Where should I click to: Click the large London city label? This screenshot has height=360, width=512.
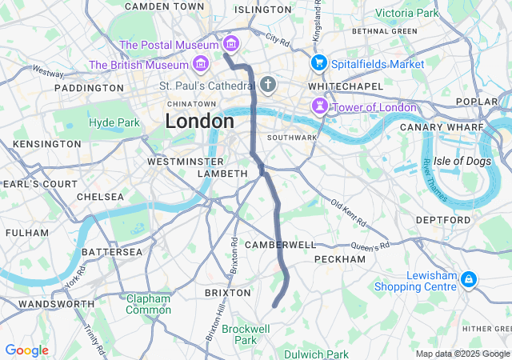pyautogui.click(x=200, y=122)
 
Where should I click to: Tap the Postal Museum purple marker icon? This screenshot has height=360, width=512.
pyautogui.click(x=231, y=43)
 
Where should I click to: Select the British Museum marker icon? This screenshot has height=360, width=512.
pyautogui.click(x=199, y=62)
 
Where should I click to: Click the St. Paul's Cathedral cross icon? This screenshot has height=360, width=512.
pyautogui.click(x=267, y=84)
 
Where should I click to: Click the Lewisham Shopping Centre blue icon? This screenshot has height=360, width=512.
pyautogui.click(x=468, y=279)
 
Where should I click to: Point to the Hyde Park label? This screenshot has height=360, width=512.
pyautogui.click(x=114, y=122)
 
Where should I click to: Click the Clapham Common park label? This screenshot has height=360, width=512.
pyautogui.click(x=148, y=304)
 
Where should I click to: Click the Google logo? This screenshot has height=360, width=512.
pyautogui.click(x=26, y=350)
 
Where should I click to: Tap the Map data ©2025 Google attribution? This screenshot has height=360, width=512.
pyautogui.click(x=462, y=354)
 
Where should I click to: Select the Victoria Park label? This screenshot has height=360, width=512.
pyautogui.click(x=407, y=13)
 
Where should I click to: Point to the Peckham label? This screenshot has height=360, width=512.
pyautogui.click(x=340, y=259)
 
